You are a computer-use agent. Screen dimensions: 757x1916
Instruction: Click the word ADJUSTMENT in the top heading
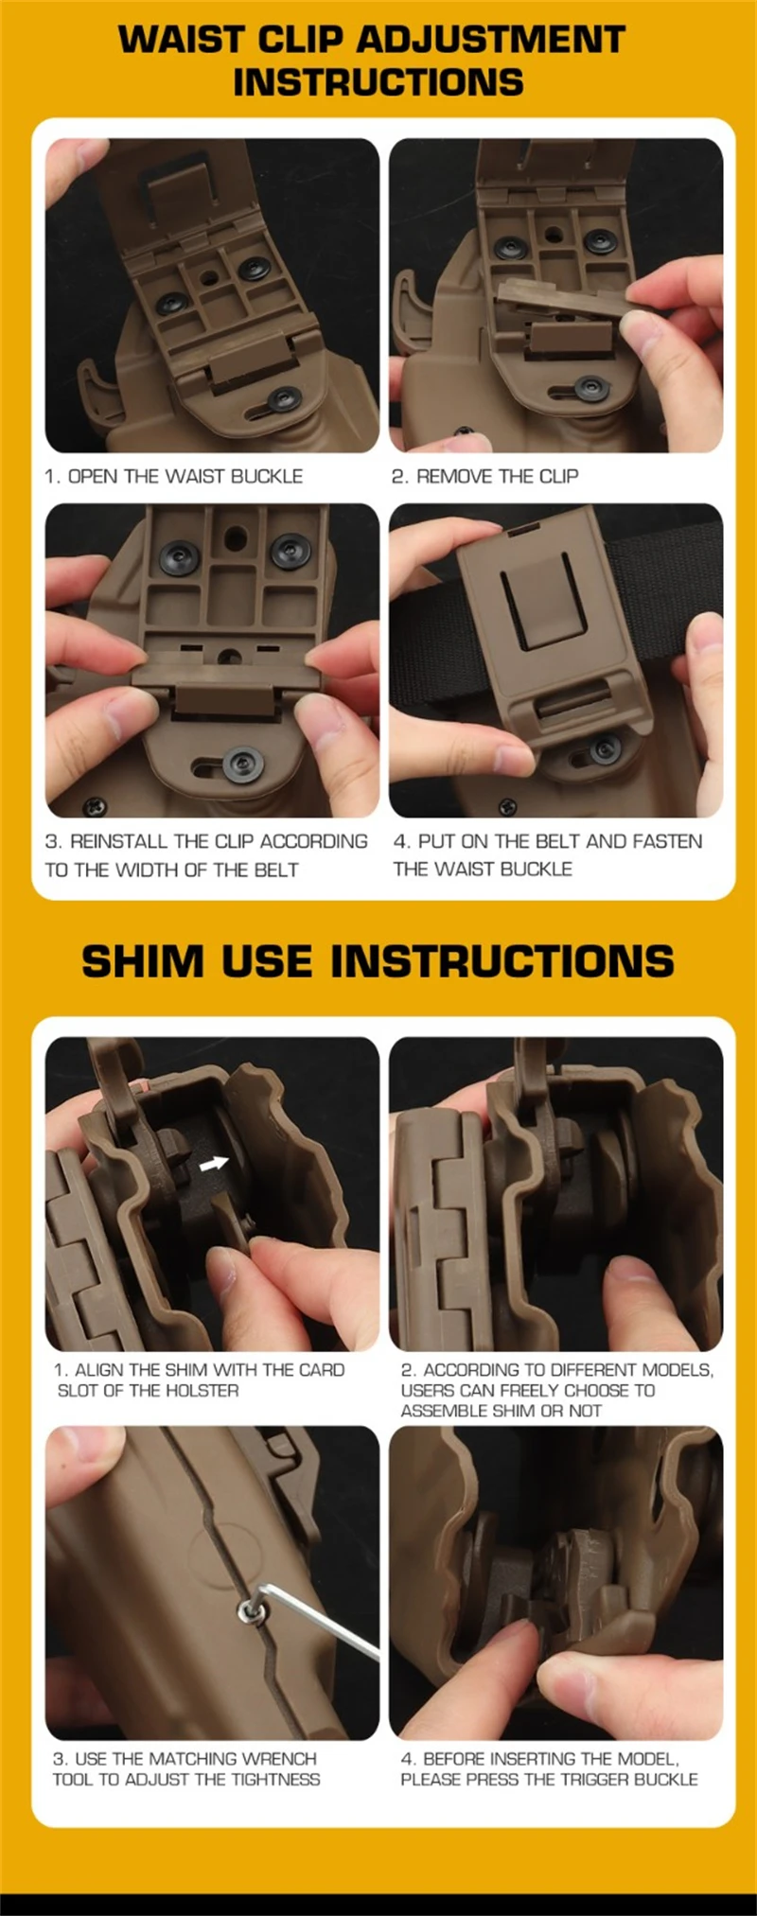point(491,40)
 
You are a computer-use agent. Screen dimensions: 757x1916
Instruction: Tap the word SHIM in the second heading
point(143,961)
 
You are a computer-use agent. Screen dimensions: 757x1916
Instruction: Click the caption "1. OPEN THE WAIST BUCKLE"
point(173,476)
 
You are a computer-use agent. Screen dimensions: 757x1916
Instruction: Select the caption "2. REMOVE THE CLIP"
point(484,476)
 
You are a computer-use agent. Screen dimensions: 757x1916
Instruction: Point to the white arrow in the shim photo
point(215,1164)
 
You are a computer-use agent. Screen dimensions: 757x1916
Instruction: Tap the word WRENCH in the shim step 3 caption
point(279,1759)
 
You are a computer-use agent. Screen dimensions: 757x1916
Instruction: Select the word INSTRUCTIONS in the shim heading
point(502,961)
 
